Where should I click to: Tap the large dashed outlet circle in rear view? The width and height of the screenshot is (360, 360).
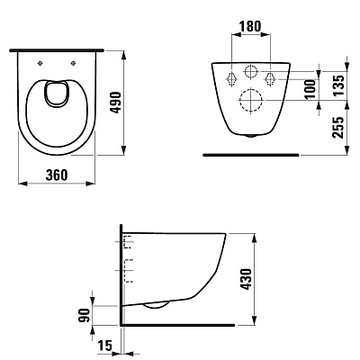pyautogui.click(x=251, y=99)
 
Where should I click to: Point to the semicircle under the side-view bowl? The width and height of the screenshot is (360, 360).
pyautogui.click(x=156, y=307)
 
